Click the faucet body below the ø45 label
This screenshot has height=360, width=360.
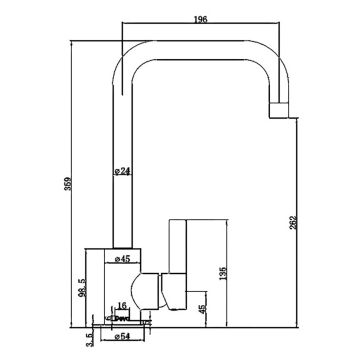click(125, 285)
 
